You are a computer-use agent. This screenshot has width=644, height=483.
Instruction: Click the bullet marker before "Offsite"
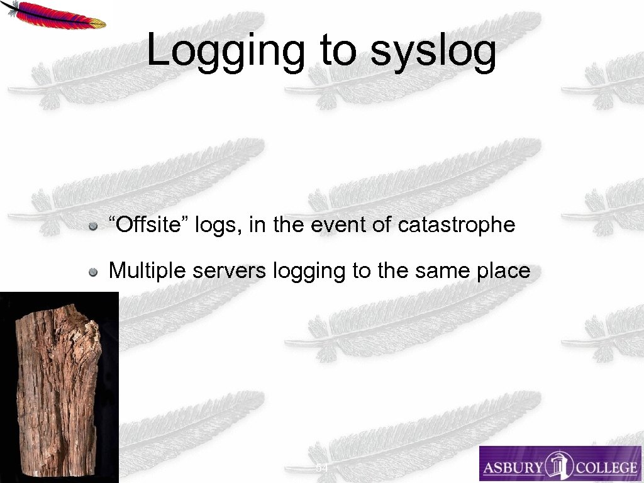pyautogui.click(x=92, y=226)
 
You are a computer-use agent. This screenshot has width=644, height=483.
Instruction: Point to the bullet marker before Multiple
pyautogui.click(x=92, y=272)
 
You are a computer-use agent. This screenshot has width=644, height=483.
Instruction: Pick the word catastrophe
pyautogui.click(x=457, y=225)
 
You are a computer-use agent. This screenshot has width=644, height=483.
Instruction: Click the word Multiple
pyautogui.click(x=148, y=271)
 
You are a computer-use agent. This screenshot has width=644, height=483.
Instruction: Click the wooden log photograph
pyautogui.click(x=58, y=387)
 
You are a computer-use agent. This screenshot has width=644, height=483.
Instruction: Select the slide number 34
pyautogui.click(x=321, y=469)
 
